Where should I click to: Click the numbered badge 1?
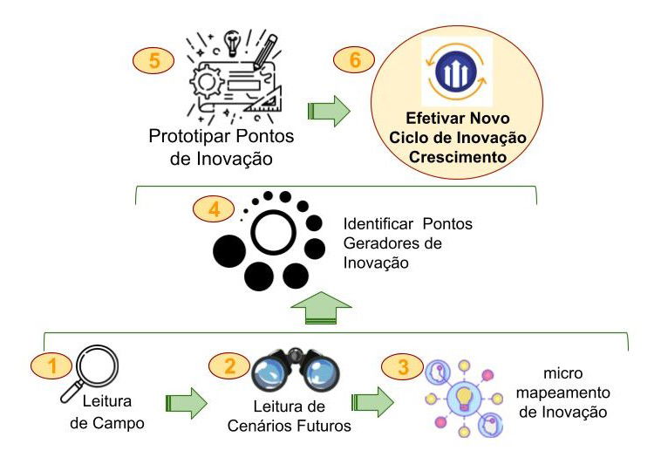pyautogui.click(x=51, y=366)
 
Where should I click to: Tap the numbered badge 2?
pyautogui.click(x=230, y=366)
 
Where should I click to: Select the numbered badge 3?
pyautogui.click(x=402, y=366)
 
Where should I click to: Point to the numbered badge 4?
pyautogui.click(x=215, y=209)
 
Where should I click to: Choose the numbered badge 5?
pyautogui.click(x=153, y=61)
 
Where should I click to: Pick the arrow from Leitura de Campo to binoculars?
pyautogui.click(x=186, y=404)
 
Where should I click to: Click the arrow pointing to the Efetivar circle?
pyautogui.click(x=329, y=111)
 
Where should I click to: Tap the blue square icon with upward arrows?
pyautogui.click(x=457, y=72)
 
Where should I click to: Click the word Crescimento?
pyautogui.click(x=458, y=159)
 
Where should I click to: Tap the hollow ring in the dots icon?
pyautogui.click(x=276, y=229)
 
